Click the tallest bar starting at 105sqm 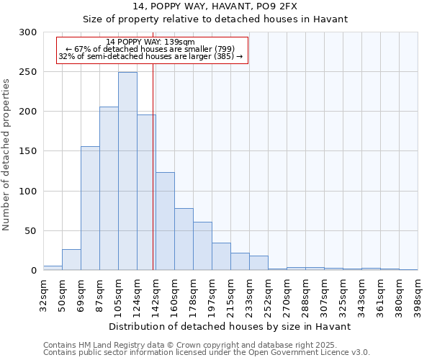click(x=127, y=171)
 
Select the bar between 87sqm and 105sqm click(x=109, y=189)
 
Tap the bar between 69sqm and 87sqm click(x=90, y=208)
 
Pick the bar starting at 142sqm click(x=165, y=221)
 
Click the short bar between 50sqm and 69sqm click(x=71, y=260)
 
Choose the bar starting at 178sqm click(x=202, y=246)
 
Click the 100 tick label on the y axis click(x=28, y=192)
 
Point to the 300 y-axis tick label click(x=28, y=32)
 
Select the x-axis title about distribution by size click(x=230, y=326)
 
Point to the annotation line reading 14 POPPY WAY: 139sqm click(x=150, y=42)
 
